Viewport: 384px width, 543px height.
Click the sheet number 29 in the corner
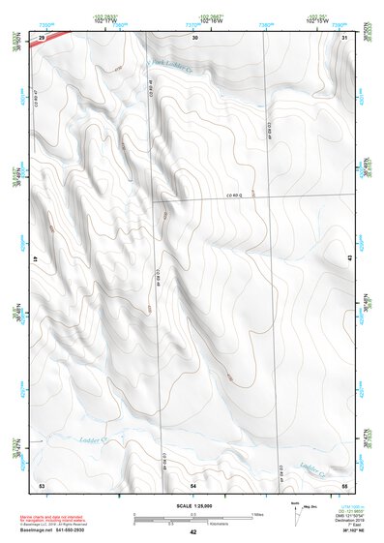pos(42,37)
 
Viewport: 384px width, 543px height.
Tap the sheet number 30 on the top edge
pos(194,37)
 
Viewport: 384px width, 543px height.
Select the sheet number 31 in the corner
pos(345,37)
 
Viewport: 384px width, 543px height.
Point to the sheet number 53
pos(42,483)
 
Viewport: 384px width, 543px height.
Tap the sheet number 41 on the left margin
pos(36,259)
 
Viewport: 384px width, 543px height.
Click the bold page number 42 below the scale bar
pos(193,532)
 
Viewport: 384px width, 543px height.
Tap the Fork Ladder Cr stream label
pos(170,65)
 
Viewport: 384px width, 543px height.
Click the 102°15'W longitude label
pos(343,21)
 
